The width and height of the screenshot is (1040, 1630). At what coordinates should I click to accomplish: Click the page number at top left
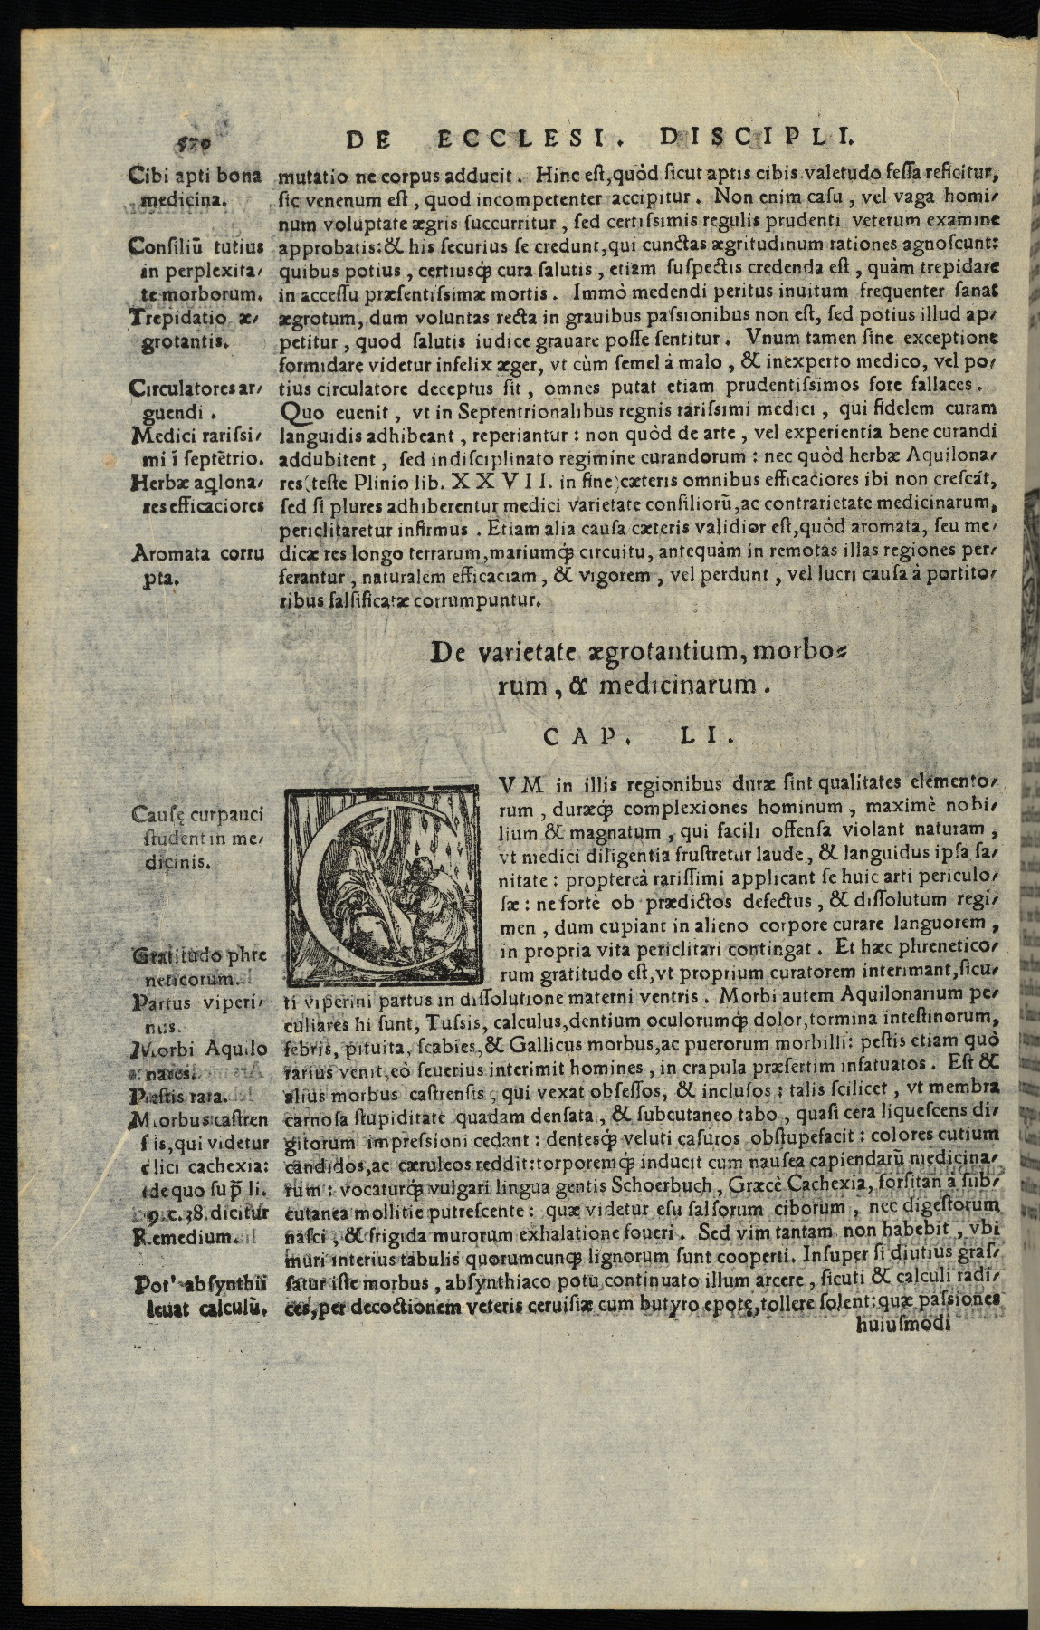coord(189,142)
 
